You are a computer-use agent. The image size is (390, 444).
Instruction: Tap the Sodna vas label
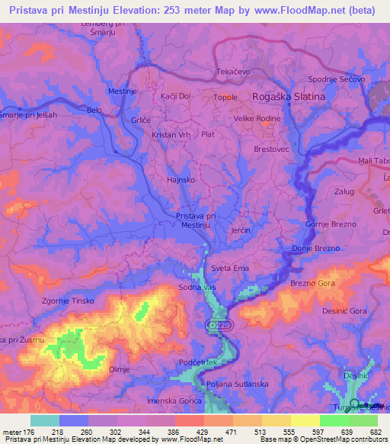click(197, 286)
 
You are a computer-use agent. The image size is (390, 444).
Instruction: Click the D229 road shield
click(216, 325)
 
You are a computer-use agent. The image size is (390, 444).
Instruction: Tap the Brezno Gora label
click(312, 283)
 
